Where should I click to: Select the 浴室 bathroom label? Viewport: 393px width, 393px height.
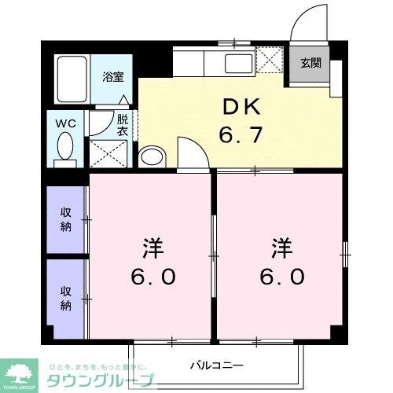114,76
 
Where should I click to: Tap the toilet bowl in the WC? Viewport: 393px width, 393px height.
65,147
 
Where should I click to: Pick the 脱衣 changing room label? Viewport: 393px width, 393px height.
122,125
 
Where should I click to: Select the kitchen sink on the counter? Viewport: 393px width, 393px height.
236,61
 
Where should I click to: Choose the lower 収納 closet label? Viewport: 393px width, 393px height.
67,298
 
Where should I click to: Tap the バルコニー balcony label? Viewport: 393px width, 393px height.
217,365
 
